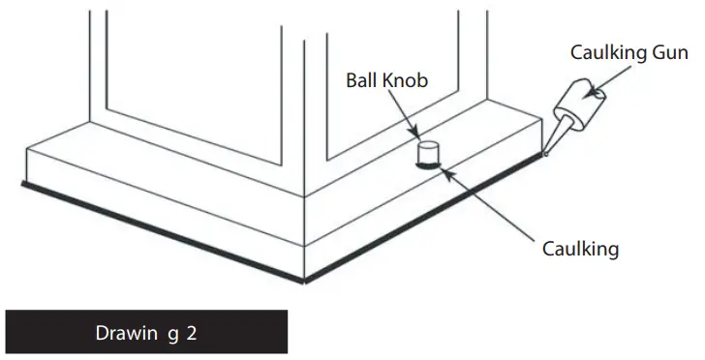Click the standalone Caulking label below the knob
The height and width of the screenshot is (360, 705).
pyautogui.click(x=579, y=249)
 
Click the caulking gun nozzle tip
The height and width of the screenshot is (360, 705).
pyautogui.click(x=547, y=152)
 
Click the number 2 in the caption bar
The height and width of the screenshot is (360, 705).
pyautogui.click(x=193, y=333)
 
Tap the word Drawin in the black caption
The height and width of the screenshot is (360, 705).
pyautogui.click(x=122, y=333)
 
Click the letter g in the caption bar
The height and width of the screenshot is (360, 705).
pyautogui.click(x=172, y=334)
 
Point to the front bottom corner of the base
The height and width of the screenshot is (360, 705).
pyautogui.click(x=305, y=281)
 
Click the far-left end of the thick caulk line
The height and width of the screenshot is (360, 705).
pyautogui.click(x=22, y=181)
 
